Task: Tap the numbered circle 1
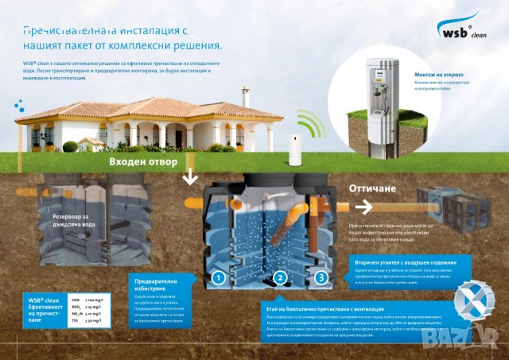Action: point(216,277)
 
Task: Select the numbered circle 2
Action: point(279,277)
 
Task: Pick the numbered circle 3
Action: point(321,277)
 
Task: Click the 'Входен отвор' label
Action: point(144,161)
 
